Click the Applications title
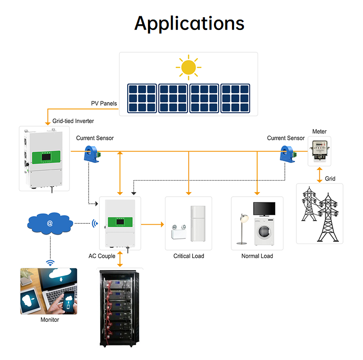coord(189,23)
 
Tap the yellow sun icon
coord(188,67)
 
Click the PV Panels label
coord(104,104)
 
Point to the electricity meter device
coord(319,151)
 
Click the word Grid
coord(330,179)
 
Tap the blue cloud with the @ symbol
coord(50,223)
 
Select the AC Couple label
coord(102,256)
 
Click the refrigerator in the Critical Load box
coord(197,224)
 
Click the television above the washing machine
coord(264,209)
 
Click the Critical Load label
coord(189,256)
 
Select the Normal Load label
coord(257,256)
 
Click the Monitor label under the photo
coord(50,320)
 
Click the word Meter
coord(319,132)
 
